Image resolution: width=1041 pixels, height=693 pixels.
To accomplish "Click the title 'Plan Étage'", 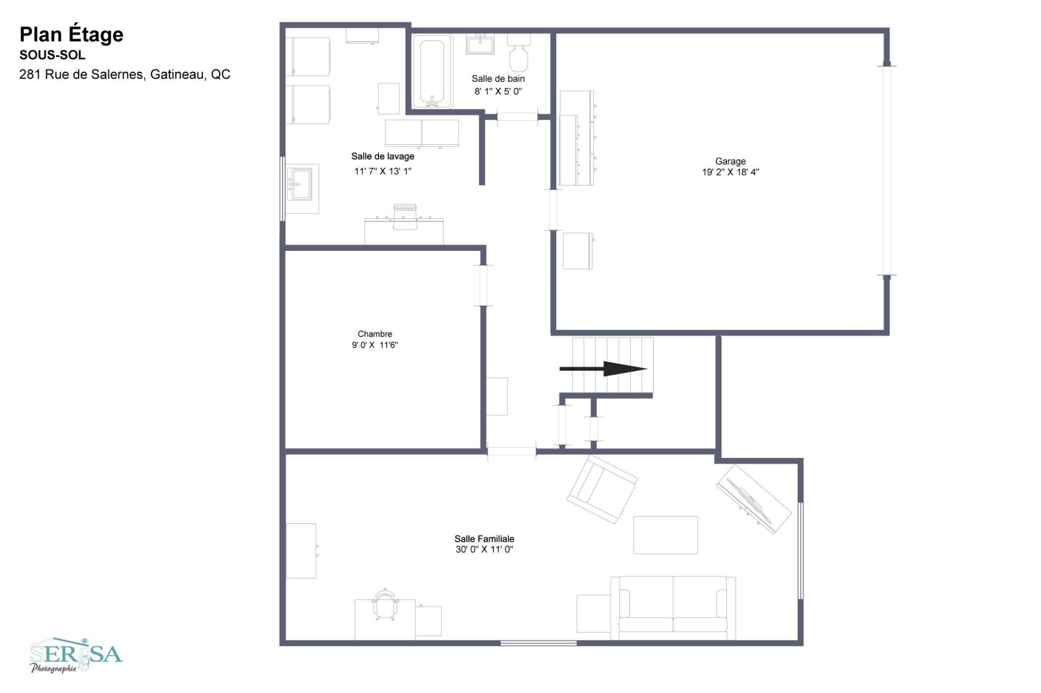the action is coord(72,35).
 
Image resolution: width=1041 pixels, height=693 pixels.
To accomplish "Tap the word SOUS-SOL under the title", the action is coord(53,55).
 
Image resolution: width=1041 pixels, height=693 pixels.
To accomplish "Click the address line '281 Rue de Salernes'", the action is coord(82,74).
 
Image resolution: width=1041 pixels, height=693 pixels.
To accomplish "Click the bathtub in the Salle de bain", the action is coord(432,72).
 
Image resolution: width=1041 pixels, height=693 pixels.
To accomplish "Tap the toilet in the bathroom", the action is coord(519,53).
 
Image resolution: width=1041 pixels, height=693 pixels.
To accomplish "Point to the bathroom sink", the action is coord(480,44).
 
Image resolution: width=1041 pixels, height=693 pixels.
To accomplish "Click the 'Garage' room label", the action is coord(730,161).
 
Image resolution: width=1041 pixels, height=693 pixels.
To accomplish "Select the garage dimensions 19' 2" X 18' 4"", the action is coord(730,172).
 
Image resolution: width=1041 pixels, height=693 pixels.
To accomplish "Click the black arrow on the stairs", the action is coord(603,369).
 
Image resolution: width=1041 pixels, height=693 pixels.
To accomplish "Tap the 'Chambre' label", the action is coord(375,334).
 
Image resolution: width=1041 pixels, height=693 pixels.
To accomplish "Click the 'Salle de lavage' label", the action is coord(383,157).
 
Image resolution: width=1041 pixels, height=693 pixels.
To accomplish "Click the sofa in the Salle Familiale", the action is coord(673,607).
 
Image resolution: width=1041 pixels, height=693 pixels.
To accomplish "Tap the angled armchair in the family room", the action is coord(602,489).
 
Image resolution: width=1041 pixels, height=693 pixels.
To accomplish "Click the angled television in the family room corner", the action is coord(754,499).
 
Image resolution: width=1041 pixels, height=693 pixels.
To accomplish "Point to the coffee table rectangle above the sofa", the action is coord(666,535).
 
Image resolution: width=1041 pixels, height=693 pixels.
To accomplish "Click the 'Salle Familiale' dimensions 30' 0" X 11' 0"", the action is coord(484,549).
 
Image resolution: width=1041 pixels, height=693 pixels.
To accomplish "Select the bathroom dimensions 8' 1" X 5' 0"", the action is coord(498,92).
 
